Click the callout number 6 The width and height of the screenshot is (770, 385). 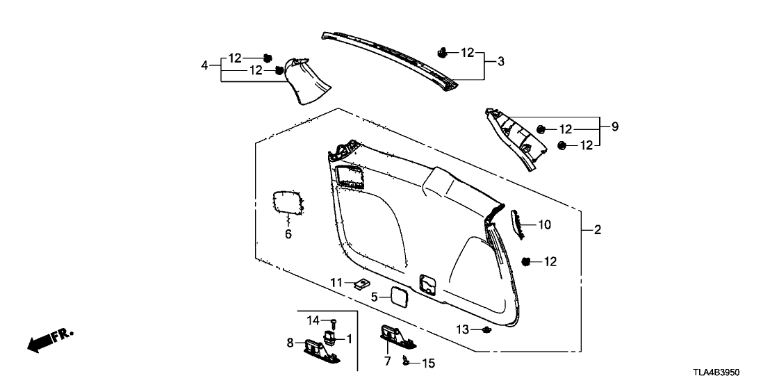pyautogui.click(x=288, y=235)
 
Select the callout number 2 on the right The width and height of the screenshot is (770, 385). pyautogui.click(x=597, y=230)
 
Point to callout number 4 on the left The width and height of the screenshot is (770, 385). pyautogui.click(x=204, y=65)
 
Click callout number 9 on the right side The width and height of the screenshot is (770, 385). pyautogui.click(x=615, y=127)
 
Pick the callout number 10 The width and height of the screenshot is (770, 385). pyautogui.click(x=544, y=225)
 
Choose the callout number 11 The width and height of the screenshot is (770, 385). pyautogui.click(x=336, y=282)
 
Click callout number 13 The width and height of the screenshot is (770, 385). pyautogui.click(x=463, y=328)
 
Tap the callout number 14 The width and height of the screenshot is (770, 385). pyautogui.click(x=313, y=320)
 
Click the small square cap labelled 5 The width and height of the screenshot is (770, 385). pyautogui.click(x=401, y=296)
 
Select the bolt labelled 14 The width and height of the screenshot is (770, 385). pyautogui.click(x=334, y=323)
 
